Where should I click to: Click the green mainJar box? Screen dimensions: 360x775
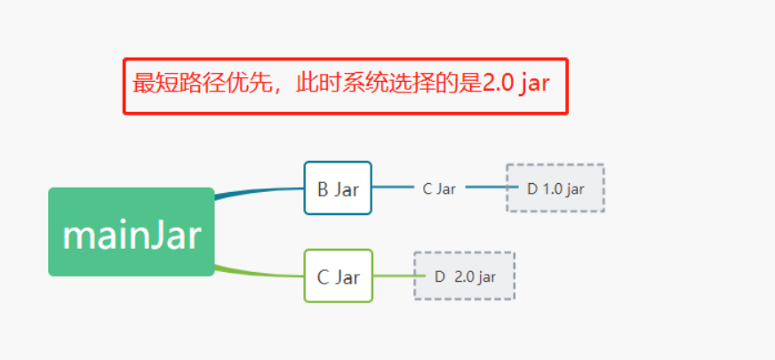(132, 232)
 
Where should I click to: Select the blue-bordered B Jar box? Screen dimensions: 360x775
(338, 188)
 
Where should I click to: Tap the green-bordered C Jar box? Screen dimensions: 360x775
(338, 276)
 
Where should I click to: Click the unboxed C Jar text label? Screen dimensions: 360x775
(439, 188)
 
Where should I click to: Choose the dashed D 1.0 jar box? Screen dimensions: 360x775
(555, 188)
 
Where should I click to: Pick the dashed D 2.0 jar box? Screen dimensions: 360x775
(464, 276)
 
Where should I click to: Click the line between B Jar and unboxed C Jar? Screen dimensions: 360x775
(393, 188)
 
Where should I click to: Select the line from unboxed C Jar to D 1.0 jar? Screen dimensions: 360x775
(485, 188)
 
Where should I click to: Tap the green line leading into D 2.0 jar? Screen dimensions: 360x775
(393, 276)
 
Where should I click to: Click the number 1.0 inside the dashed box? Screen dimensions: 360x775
(553, 188)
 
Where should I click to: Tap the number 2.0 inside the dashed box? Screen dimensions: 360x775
(464, 276)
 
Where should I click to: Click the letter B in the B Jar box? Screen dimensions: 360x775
(323, 189)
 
